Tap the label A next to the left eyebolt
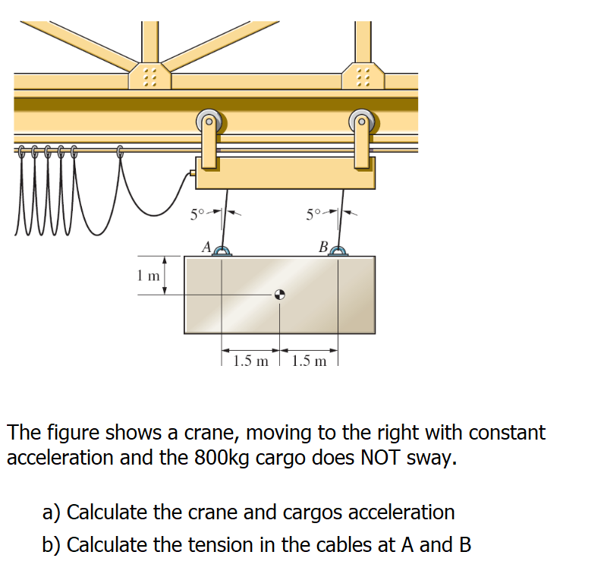205,246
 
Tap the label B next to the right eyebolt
323,246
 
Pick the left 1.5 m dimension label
251,361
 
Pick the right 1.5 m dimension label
310,361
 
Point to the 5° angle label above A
197,213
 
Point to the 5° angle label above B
315,213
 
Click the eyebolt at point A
222,251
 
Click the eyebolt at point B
339,251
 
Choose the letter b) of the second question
52,545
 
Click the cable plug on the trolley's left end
192,174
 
